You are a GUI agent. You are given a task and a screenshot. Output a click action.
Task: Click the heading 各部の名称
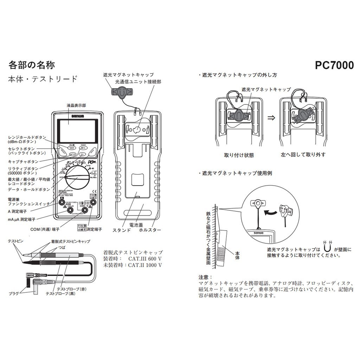pyautogui.click(x=31, y=65)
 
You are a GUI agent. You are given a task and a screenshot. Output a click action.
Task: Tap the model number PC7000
pyautogui.click(x=334, y=65)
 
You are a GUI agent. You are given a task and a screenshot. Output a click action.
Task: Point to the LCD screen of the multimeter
pyautogui.click(x=77, y=129)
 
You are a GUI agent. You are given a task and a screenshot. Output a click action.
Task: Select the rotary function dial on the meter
pyautogui.click(x=77, y=178)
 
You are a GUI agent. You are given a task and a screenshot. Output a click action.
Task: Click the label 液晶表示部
pyautogui.click(x=76, y=105)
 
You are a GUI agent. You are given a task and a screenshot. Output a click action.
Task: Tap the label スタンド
pyautogui.click(x=121, y=230)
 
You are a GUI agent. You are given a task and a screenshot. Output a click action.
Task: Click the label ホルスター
pyautogui.click(x=150, y=230)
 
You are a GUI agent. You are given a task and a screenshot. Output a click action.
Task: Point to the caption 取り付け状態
pyautogui.click(x=239, y=155)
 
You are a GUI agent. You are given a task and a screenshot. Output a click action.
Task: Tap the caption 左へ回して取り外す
pyautogui.click(x=303, y=155)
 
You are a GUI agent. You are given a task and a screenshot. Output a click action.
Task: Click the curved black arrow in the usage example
pyautogui.click(x=271, y=212)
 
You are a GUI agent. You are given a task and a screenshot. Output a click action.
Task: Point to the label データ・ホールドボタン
pyautogui.click(x=29, y=189)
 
